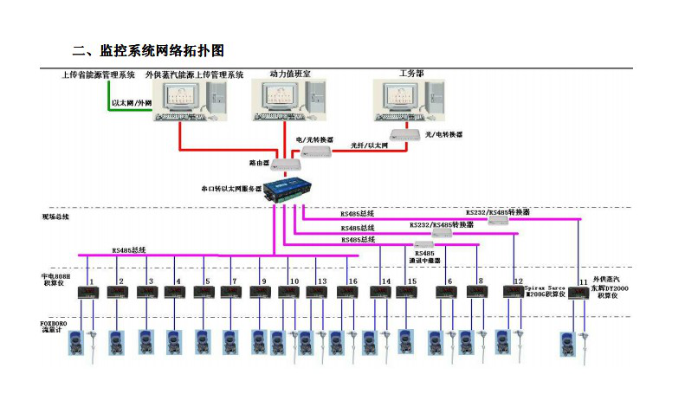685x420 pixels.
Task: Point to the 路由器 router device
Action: (x=285, y=164)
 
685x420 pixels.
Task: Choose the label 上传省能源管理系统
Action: (x=97, y=75)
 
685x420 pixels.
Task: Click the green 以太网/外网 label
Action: (x=131, y=103)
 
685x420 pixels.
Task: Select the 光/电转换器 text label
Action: (x=443, y=135)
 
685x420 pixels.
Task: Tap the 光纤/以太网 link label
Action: (x=369, y=145)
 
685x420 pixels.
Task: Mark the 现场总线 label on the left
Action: (x=55, y=216)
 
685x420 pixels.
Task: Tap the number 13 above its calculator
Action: (x=321, y=281)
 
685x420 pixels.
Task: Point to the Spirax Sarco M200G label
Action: (x=546, y=288)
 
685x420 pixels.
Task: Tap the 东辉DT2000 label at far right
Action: (x=611, y=288)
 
